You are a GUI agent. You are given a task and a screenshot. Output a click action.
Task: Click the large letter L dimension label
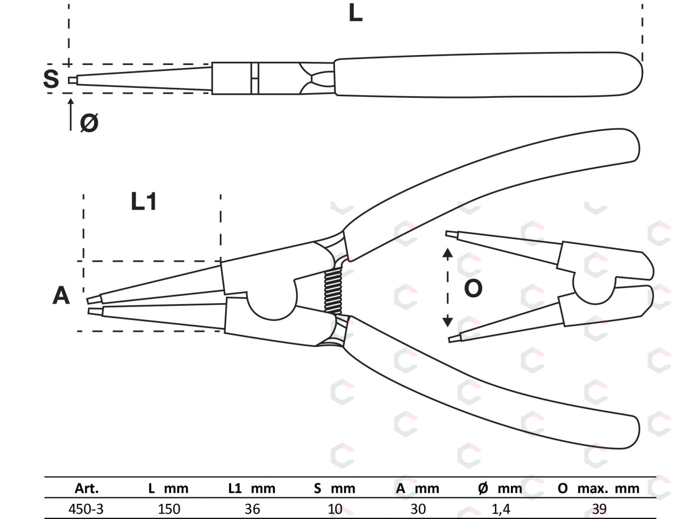(356, 14)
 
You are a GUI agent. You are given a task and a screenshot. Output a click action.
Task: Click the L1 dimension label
(144, 202)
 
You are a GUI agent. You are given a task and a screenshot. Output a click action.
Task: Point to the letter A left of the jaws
(61, 296)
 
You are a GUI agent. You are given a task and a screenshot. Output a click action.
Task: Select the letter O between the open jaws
(473, 288)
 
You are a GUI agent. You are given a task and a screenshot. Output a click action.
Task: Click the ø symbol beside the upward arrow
(89, 123)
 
